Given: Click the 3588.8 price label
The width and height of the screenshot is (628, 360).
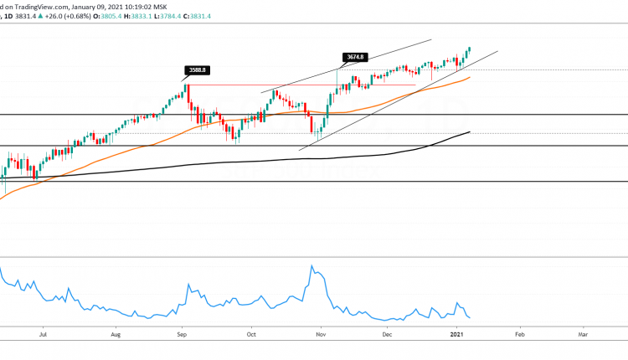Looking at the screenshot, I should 197,70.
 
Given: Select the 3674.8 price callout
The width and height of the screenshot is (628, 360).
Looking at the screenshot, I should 356,57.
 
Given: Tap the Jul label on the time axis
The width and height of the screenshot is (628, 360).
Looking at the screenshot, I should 42,333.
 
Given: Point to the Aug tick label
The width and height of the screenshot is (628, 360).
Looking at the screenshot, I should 116,333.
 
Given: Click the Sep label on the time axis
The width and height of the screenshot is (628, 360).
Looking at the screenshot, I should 183,333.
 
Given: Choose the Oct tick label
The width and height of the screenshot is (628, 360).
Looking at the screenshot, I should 251,333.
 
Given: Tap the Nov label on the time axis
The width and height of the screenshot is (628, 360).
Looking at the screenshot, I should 318,333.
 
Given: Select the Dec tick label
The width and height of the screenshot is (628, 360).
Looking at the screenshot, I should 386,333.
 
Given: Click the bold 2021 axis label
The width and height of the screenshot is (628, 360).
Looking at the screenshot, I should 456,333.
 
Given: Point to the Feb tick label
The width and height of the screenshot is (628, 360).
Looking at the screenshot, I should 519,333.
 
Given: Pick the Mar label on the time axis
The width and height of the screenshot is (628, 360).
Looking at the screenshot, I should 583,333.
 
